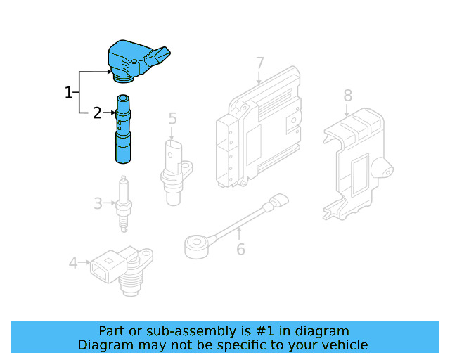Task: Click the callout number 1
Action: point(69,92)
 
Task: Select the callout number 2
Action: point(97,112)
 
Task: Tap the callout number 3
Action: point(98,204)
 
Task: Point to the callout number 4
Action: point(73,263)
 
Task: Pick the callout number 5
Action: point(172,120)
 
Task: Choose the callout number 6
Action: point(240,249)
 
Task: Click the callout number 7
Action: point(259,64)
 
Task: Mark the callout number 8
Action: point(347,95)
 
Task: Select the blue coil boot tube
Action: point(124,130)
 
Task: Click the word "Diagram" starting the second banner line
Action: point(104,345)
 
